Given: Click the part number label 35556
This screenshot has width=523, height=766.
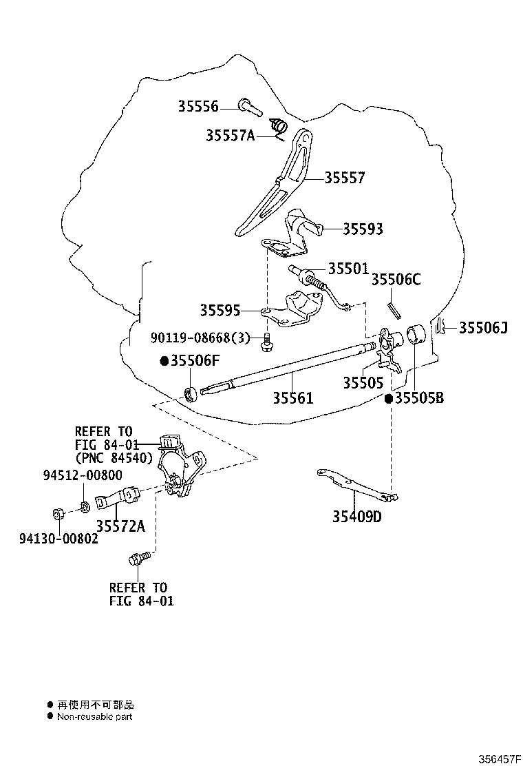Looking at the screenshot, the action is click(x=198, y=106).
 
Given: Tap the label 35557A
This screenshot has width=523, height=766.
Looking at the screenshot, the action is click(x=231, y=135).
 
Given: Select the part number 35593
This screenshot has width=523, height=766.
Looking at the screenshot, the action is click(x=363, y=229).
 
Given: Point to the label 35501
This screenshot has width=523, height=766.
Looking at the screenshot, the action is click(x=348, y=268).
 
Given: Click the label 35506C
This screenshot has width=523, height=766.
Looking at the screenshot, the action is click(x=396, y=280).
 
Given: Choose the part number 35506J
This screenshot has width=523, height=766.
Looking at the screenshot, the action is click(x=483, y=327).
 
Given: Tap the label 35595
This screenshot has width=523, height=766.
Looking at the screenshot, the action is click(x=220, y=310).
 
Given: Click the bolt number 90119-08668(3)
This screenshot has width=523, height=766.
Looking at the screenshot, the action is click(x=200, y=337).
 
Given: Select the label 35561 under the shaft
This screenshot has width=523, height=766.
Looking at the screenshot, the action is click(x=292, y=397).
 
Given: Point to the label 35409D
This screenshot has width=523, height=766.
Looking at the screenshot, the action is click(x=357, y=516).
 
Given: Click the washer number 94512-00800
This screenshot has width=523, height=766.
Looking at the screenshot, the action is click(x=83, y=475).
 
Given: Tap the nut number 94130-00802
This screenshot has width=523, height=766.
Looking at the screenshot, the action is click(x=58, y=539).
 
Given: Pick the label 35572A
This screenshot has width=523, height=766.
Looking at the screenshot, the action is click(x=120, y=526).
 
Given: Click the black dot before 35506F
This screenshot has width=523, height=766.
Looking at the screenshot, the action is click(x=164, y=361).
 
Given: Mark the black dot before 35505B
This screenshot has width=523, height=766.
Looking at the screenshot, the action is click(x=389, y=399).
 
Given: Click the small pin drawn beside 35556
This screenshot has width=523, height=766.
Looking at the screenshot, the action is click(x=250, y=107).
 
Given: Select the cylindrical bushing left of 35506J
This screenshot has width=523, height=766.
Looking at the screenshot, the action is click(x=416, y=334).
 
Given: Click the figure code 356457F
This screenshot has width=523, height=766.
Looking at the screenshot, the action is click(x=500, y=758).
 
